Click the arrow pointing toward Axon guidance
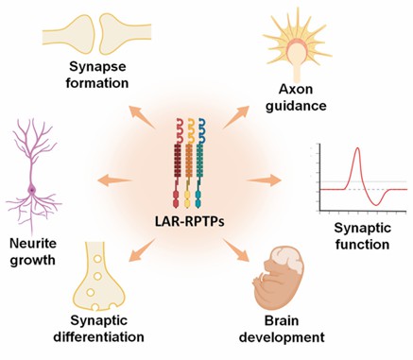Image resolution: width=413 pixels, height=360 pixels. (x=253, y=115)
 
